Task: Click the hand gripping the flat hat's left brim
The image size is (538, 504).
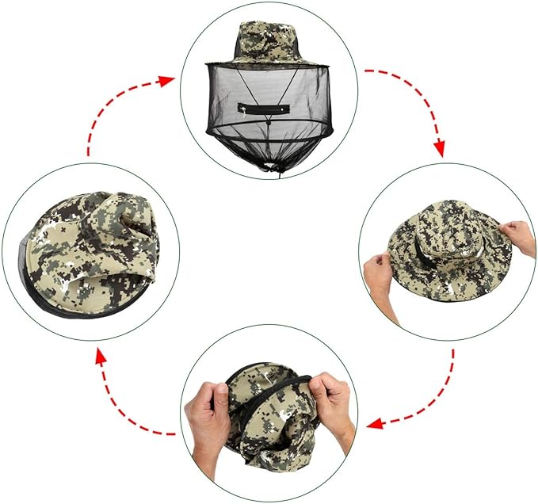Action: pos(380,274)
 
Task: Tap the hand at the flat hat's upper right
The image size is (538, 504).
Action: pos(519,234)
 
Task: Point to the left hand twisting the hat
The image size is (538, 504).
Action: pos(207,420)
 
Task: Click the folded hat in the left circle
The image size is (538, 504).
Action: pos(95,246)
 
